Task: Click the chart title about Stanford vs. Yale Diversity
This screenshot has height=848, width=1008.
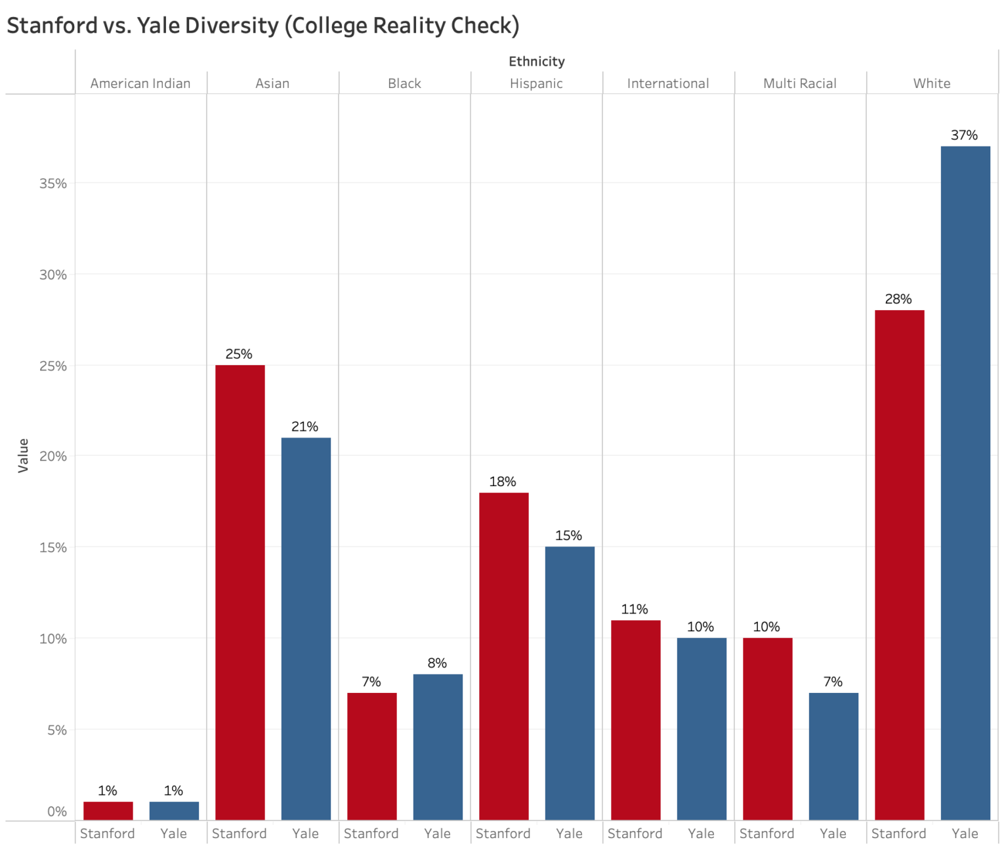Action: [x=262, y=26]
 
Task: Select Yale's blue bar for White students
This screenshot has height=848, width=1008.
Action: [x=965, y=483]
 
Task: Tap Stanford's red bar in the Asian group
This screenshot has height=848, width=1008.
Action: [x=240, y=592]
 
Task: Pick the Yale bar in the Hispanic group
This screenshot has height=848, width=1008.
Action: [x=570, y=683]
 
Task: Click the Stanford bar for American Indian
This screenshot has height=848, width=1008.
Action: [x=108, y=811]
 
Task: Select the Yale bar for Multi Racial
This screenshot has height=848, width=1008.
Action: [x=833, y=756]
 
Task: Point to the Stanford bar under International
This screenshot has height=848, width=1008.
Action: [x=635, y=720]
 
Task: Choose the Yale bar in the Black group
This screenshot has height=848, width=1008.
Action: [x=438, y=747]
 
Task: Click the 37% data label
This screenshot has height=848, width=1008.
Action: [x=964, y=135]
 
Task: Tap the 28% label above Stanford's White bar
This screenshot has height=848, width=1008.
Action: [x=898, y=300]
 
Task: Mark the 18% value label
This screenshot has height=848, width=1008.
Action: [x=503, y=482]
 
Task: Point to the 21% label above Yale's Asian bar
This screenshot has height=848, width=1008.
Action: [x=304, y=427]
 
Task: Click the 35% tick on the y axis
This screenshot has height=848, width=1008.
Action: [x=53, y=184]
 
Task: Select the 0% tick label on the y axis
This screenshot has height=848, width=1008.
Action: [x=57, y=812]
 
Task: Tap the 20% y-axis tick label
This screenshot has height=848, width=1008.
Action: [x=53, y=457]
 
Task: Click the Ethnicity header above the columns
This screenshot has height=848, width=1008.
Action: [x=536, y=62]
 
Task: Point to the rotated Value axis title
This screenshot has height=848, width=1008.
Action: [x=24, y=455]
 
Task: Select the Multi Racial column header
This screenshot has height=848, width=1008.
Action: [x=799, y=83]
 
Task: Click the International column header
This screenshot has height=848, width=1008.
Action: [x=667, y=83]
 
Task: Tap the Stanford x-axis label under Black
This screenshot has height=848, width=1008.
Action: [x=371, y=834]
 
